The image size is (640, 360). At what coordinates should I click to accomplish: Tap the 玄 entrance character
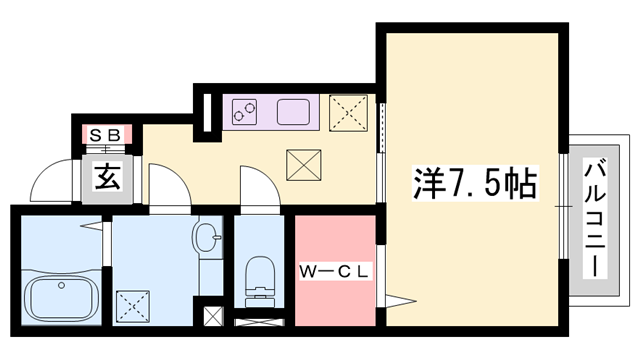[107, 177]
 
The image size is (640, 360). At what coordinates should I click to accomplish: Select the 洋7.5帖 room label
[475, 183]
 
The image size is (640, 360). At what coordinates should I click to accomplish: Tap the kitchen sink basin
[295, 112]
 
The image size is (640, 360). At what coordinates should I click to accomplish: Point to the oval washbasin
[207, 238]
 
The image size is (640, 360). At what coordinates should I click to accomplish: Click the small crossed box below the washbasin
[212, 317]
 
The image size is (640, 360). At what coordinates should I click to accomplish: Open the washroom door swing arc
[165, 187]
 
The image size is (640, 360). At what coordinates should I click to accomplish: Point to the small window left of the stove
[206, 110]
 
